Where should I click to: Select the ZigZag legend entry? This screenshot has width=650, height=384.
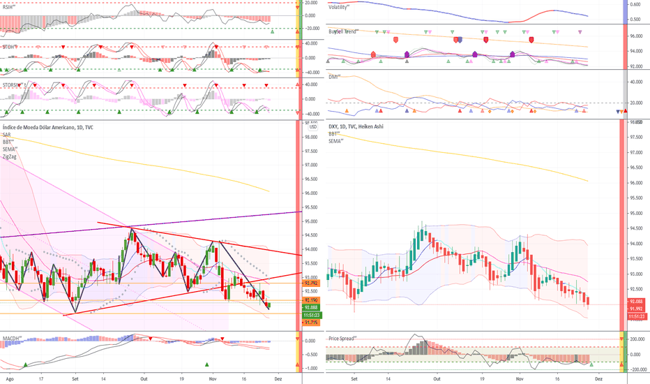click(x=10, y=157)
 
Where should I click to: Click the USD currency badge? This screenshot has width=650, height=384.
click(x=312, y=126)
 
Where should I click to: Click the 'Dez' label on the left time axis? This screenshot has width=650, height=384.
click(x=279, y=378)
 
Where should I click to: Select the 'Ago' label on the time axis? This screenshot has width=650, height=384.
click(x=9, y=378)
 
